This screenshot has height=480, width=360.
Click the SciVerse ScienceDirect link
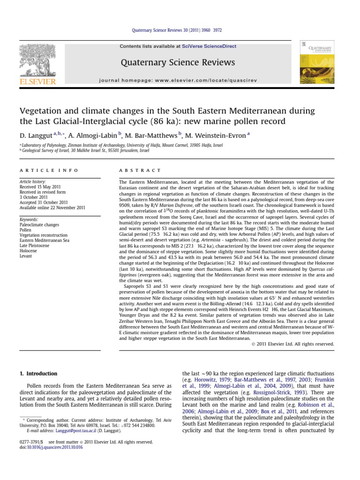coord(209,46)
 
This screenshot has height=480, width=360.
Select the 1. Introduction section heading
coord(38,374)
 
